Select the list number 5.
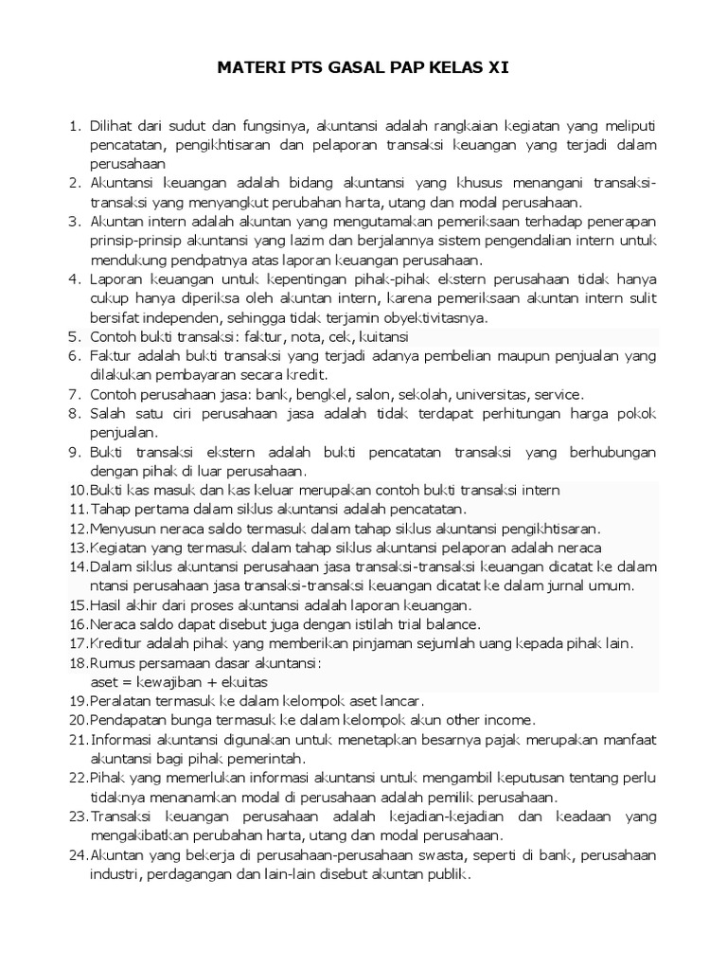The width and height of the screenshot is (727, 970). [x=76, y=336]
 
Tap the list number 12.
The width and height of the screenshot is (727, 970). [x=77, y=529]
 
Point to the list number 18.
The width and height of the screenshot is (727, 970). [x=77, y=663]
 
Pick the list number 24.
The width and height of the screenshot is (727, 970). [x=77, y=855]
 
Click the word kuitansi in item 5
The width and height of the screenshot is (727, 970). [x=381, y=336]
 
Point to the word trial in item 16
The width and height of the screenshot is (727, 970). [x=411, y=625]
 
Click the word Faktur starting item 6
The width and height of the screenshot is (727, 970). [x=111, y=355]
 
